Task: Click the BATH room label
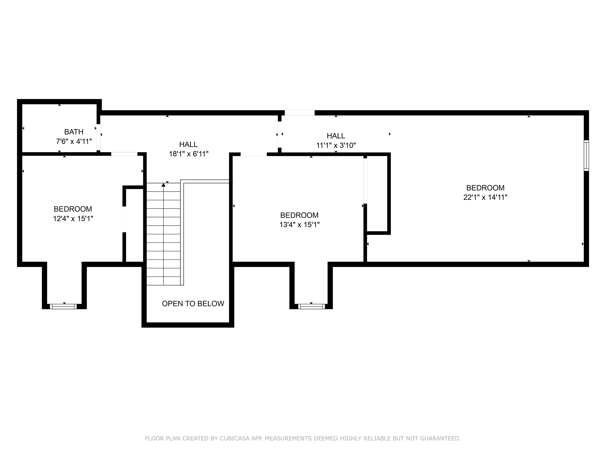(x=74, y=132)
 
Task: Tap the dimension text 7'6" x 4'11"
(x=74, y=141)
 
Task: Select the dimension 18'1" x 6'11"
(x=188, y=154)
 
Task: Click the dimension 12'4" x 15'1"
(x=73, y=219)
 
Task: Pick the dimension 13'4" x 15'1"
(x=299, y=225)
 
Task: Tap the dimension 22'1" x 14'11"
(x=485, y=197)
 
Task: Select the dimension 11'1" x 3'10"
(x=336, y=145)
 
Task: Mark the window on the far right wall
(x=586, y=155)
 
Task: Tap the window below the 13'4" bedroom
(x=311, y=306)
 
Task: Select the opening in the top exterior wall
(x=299, y=113)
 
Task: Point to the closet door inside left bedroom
(x=124, y=219)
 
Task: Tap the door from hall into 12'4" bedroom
(x=124, y=154)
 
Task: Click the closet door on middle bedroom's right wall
(x=365, y=181)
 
